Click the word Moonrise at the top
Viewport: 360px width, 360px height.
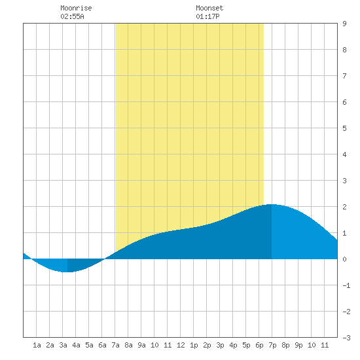tap(76, 8)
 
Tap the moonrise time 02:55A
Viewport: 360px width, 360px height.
tap(72, 16)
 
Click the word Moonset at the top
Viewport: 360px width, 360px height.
tap(209, 8)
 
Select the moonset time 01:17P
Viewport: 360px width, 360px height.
tap(207, 16)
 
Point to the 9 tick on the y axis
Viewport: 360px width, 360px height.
tap(344, 24)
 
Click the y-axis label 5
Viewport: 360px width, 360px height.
tap(344, 128)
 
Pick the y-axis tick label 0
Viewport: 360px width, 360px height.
tap(344, 259)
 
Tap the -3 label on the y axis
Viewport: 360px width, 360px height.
tap(346, 338)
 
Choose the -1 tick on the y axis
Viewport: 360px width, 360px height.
tap(346, 285)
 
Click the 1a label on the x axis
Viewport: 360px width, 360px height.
tap(37, 345)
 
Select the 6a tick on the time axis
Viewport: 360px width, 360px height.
tap(102, 345)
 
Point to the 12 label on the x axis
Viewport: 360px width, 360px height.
tap(181, 345)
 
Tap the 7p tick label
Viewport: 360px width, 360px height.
tap(272, 345)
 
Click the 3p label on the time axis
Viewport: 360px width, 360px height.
tap(220, 345)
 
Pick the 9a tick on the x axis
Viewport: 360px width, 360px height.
tap(141, 345)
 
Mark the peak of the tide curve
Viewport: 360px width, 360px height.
tap(272, 204)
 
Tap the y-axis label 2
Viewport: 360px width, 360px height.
tap(344, 207)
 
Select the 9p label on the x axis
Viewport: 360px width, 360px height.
tap(298, 345)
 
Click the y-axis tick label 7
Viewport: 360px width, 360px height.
tap(344, 76)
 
